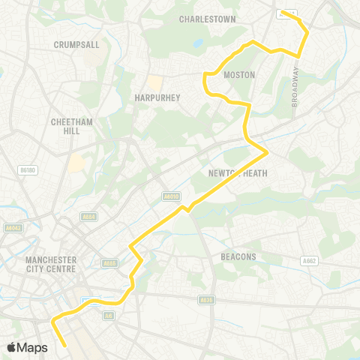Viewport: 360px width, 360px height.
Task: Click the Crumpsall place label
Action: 76,45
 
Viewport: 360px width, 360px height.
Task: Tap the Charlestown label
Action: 208,19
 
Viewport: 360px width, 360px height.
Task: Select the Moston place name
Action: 240,75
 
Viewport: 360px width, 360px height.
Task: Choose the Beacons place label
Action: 238,256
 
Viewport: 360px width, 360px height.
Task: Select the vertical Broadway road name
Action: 295,87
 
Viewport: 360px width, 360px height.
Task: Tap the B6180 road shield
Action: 28,171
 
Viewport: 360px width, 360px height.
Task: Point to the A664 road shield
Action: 89,217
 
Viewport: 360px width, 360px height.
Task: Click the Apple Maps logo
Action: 27,347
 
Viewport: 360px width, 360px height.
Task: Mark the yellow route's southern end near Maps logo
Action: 67,346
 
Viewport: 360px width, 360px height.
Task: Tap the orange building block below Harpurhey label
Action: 154,82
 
